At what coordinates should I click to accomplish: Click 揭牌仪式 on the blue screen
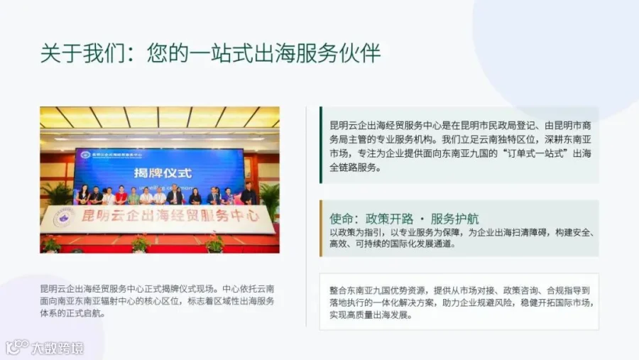163,173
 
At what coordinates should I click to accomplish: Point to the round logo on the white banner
64,218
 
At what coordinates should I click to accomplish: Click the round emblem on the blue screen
86,155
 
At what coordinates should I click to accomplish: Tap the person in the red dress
120,195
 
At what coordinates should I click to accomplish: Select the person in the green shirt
133,196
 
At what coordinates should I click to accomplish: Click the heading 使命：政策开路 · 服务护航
404,219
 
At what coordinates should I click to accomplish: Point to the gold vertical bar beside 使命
321,229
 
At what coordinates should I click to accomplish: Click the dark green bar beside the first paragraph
321,145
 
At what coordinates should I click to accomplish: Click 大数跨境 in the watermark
58,348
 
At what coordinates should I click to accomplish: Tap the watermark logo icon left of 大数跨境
17,347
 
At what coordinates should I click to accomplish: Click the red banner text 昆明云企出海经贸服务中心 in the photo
170,215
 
